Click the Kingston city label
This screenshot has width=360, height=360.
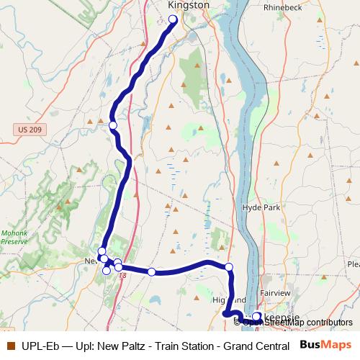(188, 5)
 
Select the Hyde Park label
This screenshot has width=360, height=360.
(260, 207)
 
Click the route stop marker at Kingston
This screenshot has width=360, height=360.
(173, 20)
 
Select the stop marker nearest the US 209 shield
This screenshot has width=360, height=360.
(113, 126)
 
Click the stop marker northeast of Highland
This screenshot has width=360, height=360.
(229, 268)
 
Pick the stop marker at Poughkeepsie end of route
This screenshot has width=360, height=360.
(256, 315)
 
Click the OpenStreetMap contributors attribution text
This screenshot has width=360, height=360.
(297, 322)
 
